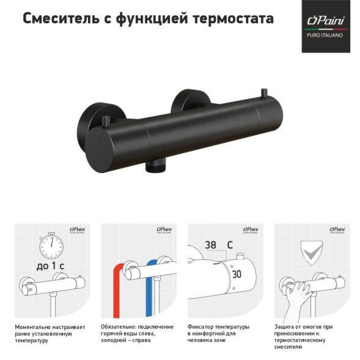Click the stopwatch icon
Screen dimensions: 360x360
pos(51,247)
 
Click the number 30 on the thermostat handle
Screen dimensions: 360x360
pos(237,274)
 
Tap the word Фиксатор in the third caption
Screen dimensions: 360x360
pos(202,326)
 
